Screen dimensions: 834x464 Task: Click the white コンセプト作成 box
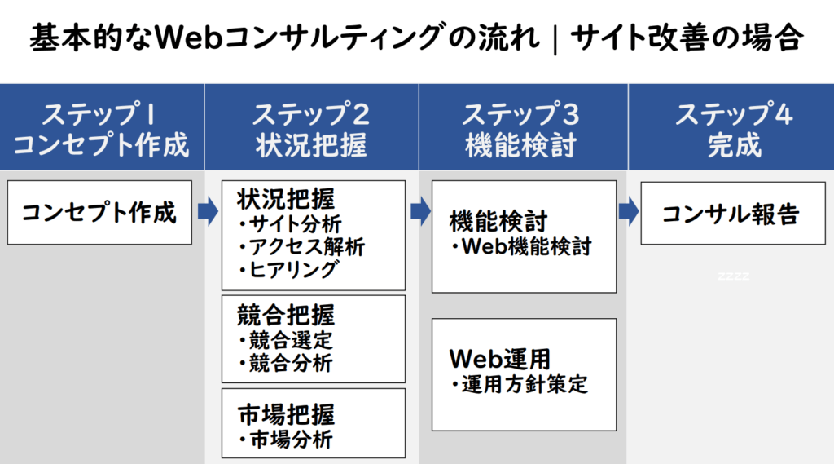click(x=99, y=213)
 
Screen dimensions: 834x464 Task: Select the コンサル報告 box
click(x=733, y=213)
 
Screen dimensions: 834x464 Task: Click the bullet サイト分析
click(x=291, y=223)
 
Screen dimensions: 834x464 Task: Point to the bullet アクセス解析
click(x=301, y=246)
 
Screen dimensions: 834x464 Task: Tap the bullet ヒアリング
click(x=288, y=270)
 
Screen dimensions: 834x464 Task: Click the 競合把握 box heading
click(x=286, y=315)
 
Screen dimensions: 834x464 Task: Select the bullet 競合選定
click(x=286, y=340)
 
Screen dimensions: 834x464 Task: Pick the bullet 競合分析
click(x=286, y=364)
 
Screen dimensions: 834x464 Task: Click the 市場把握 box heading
click(x=286, y=415)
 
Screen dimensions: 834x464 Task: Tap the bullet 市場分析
click(x=286, y=440)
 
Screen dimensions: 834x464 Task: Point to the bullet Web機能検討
click(x=521, y=246)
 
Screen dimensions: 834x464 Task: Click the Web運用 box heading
click(x=500, y=359)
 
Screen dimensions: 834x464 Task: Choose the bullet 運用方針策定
click(x=520, y=384)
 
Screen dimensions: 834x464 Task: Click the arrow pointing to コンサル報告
click(x=628, y=211)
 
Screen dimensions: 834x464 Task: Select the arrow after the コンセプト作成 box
click(x=208, y=211)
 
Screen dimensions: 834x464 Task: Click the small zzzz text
click(x=734, y=276)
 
